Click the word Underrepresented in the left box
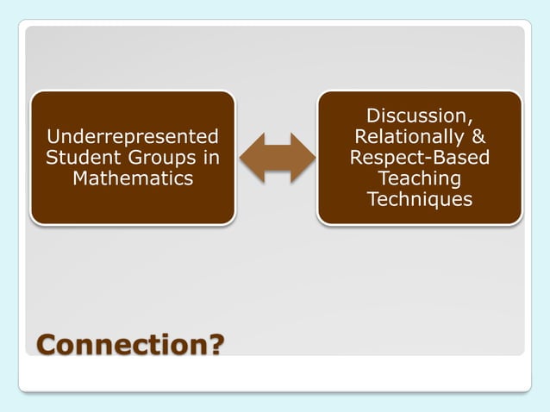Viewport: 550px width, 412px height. (x=133, y=136)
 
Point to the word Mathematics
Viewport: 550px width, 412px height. (x=133, y=178)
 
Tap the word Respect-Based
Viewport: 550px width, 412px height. (x=419, y=158)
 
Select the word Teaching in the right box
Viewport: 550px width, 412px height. (x=419, y=178)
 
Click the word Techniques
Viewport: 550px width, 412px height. (x=419, y=199)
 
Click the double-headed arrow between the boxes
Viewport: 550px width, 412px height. (x=277, y=158)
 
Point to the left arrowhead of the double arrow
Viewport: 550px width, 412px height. (x=251, y=158)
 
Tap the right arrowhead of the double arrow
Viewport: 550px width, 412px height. (x=303, y=158)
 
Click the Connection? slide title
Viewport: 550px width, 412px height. (x=129, y=346)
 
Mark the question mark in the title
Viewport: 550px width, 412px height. (x=215, y=346)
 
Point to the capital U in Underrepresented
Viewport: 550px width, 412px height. (x=53, y=136)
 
